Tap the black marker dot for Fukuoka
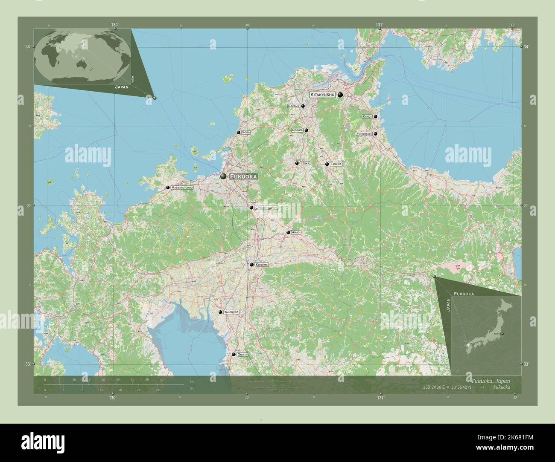point(223,176)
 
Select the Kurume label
point(261,265)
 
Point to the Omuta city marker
point(234,355)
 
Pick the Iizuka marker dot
point(297,163)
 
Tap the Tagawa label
point(336,164)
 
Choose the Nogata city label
point(297,130)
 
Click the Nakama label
point(294,106)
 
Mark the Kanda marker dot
point(376,116)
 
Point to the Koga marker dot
point(238,133)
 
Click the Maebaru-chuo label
point(182,188)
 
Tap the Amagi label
point(297,232)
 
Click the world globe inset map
point(83,57)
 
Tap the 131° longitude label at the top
point(379,25)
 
